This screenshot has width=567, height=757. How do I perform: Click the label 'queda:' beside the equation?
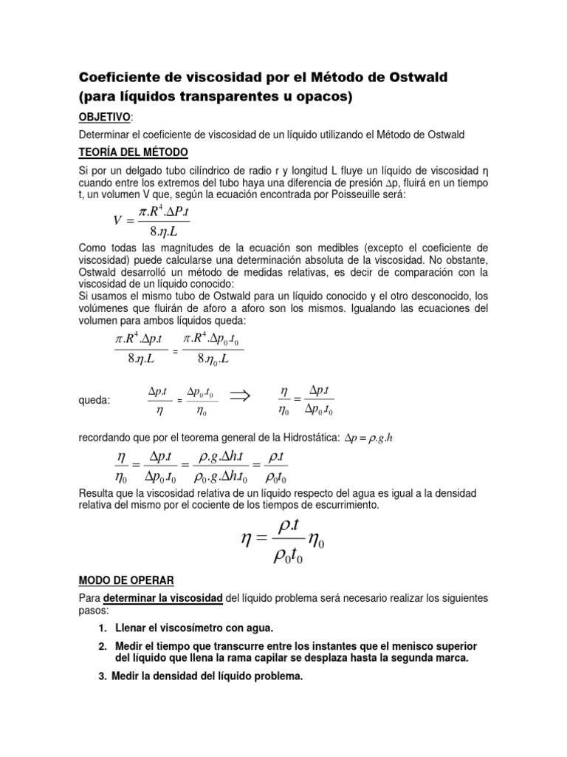coord(94,400)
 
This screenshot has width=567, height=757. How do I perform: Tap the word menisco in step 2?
coord(408,645)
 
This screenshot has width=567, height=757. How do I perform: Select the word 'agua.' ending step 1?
coord(258,628)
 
